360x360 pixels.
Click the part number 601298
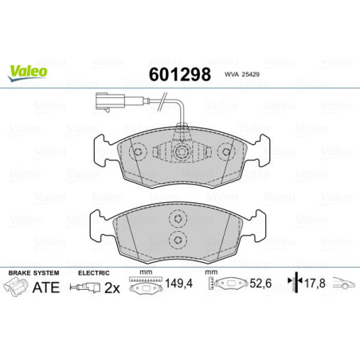point(180,75)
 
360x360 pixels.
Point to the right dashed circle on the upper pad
point(225,151)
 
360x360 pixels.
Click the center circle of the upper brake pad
point(181,151)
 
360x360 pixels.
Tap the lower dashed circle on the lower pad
point(179,241)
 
